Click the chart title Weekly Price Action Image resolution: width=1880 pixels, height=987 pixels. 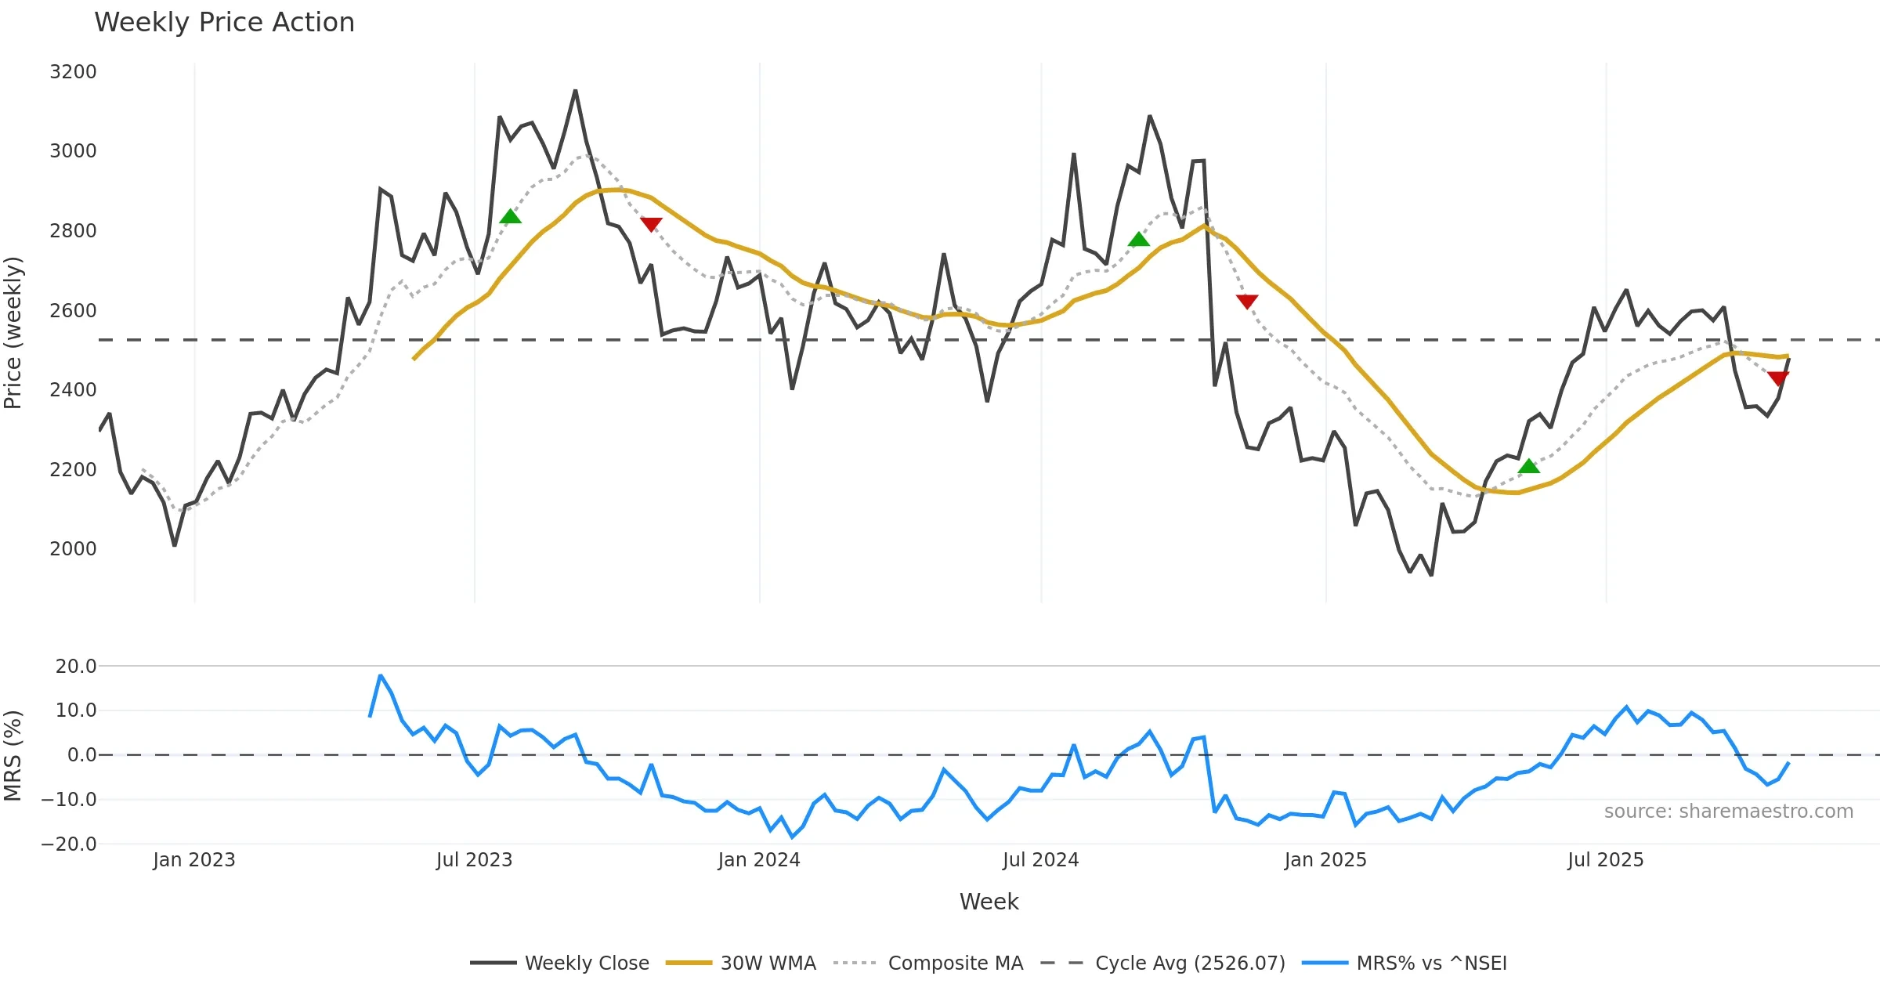224,23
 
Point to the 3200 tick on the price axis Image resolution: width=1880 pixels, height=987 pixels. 73,72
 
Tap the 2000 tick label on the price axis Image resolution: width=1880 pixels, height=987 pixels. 73,549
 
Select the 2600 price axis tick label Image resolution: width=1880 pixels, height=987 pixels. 73,311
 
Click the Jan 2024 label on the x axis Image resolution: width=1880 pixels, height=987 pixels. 758,860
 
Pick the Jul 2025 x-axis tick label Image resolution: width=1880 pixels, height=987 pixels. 1605,860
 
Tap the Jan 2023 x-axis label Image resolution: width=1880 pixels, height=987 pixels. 193,860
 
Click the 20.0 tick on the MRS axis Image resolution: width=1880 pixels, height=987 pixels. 76,667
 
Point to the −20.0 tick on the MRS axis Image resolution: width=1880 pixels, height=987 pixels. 69,844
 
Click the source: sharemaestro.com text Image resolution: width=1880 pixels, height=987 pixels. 1728,812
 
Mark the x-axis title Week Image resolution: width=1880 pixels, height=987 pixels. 989,902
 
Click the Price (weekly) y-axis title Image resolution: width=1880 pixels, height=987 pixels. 13,333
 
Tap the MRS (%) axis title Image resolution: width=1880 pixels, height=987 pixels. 13,755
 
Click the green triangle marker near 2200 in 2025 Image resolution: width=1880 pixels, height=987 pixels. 1528,467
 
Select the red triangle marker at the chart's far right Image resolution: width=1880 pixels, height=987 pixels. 1778,379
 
